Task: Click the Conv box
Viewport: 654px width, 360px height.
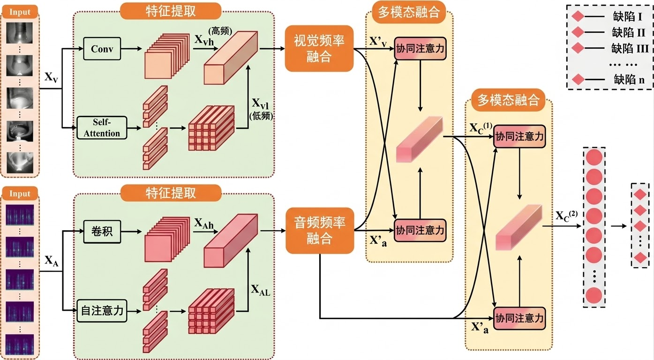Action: pos(102,48)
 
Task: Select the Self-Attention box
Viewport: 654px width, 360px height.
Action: pos(102,127)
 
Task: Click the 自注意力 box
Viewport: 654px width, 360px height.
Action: pos(102,311)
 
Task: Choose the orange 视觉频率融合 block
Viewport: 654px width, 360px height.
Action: pos(319,48)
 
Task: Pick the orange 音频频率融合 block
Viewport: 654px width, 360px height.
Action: pos(319,230)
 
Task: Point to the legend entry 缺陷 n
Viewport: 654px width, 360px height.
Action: pos(629,79)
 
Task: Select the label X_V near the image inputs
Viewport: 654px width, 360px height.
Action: pos(52,78)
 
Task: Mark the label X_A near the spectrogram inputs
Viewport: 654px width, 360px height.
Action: pos(52,261)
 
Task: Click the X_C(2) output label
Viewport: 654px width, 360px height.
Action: pos(566,216)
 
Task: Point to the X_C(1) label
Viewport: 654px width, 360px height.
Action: pos(480,128)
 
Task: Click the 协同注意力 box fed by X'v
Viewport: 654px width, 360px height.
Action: pos(420,48)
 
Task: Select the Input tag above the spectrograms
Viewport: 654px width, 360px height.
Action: pos(20,194)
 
